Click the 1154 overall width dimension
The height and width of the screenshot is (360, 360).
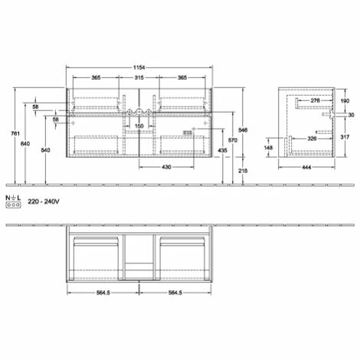click(139, 67)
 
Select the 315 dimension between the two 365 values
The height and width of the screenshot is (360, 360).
click(139, 77)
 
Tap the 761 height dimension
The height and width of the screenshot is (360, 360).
click(15, 133)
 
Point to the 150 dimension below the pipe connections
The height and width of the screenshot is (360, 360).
click(139, 126)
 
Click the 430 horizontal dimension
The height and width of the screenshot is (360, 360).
click(166, 167)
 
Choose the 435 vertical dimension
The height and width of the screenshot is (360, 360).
click(222, 150)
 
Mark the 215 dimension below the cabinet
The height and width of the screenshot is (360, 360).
click(243, 171)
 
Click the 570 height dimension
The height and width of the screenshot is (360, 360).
click(233, 140)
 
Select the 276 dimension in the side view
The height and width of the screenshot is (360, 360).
click(315, 100)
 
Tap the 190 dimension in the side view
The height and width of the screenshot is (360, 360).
click(345, 101)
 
